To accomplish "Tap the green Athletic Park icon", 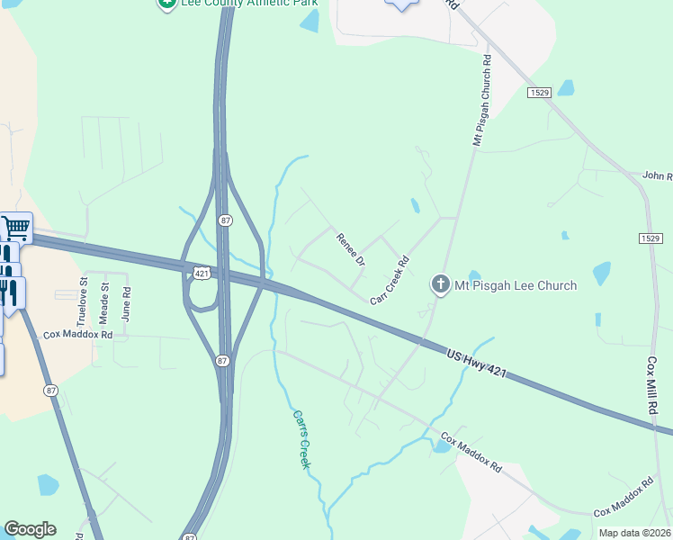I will [x=166, y=4].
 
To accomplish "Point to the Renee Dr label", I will [x=351, y=249].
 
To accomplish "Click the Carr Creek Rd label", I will [x=390, y=282].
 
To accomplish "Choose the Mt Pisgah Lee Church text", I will [x=515, y=285].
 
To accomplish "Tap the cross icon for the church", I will [x=441, y=285].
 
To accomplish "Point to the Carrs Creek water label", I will [x=301, y=439].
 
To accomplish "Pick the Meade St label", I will [x=104, y=303].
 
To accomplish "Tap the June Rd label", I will [x=126, y=304].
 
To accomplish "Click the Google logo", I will [x=30, y=529].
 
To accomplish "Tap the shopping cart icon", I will [x=15, y=229].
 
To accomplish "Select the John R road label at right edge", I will [x=658, y=176].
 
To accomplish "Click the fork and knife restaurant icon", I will [x=13, y=294].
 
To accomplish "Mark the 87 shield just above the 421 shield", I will [x=223, y=220].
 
